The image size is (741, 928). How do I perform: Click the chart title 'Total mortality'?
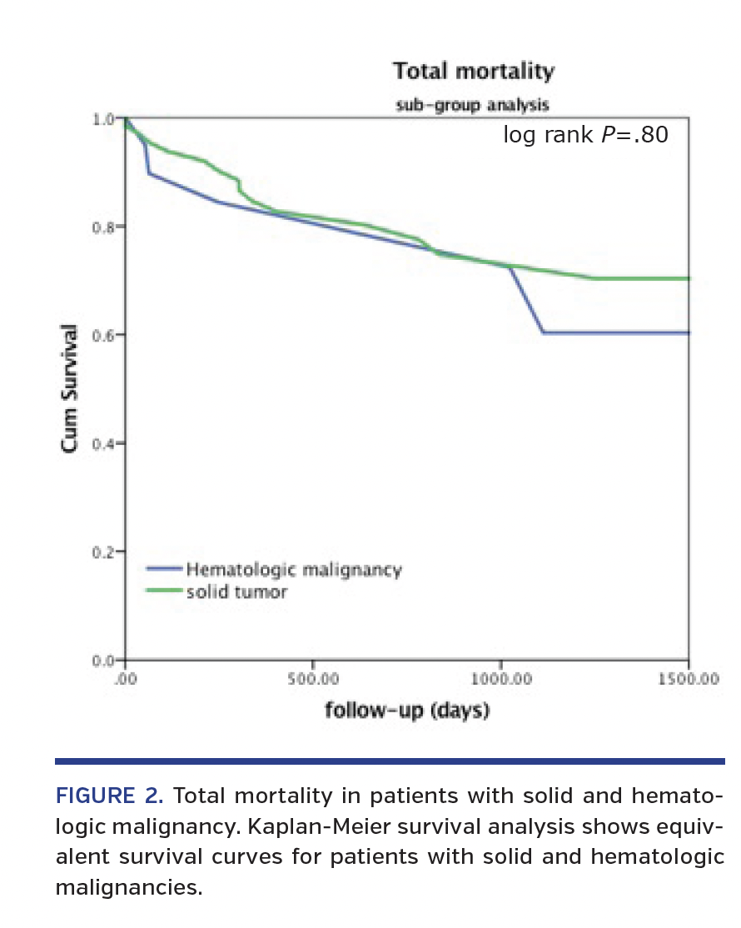click(473, 72)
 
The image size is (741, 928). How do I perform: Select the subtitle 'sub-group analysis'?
click(471, 106)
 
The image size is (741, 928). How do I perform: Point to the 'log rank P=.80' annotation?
click(585, 135)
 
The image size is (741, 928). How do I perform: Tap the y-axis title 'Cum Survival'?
click(71, 388)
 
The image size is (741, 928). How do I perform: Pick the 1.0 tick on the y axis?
click(103, 119)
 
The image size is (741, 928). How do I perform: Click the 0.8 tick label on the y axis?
click(103, 227)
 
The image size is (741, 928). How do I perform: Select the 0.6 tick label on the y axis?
click(103, 335)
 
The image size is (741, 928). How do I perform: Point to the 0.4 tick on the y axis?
click(103, 443)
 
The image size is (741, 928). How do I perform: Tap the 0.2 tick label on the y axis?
click(103, 551)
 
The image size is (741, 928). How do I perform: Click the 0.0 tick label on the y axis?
click(103, 660)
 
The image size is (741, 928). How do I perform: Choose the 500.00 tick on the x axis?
click(312, 679)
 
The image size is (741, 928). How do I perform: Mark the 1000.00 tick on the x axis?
click(500, 679)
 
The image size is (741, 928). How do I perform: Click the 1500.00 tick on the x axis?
click(688, 679)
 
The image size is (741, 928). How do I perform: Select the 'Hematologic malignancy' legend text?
click(294, 571)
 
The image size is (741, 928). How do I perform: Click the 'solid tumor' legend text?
click(236, 592)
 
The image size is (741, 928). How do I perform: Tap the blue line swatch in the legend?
click(165, 570)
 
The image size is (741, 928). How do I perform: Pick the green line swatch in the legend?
click(165, 591)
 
